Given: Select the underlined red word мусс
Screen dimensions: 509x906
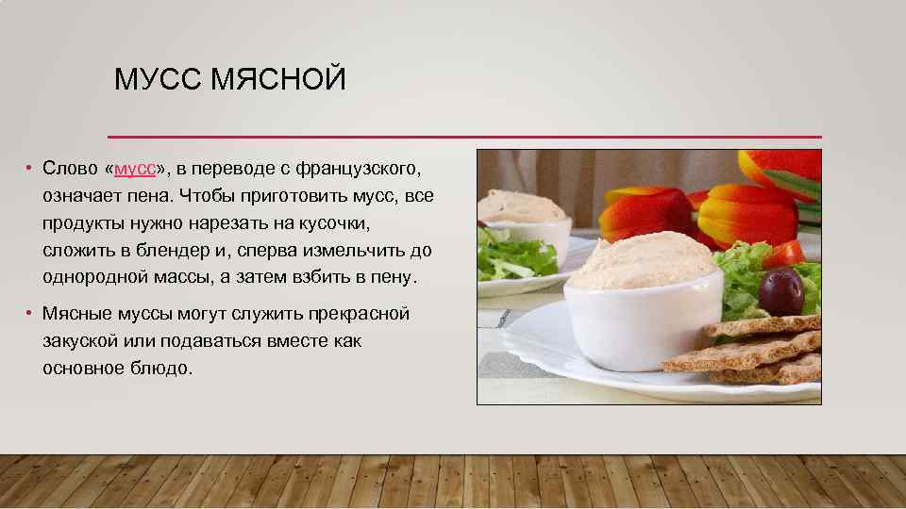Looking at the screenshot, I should tap(135, 169).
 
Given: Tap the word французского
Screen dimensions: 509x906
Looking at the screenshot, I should tap(357, 169).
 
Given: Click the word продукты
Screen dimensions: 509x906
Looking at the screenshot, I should tap(86, 223).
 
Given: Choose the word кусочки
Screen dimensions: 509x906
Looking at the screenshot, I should tap(334, 223).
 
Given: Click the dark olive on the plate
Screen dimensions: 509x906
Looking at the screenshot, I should tap(780, 292).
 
